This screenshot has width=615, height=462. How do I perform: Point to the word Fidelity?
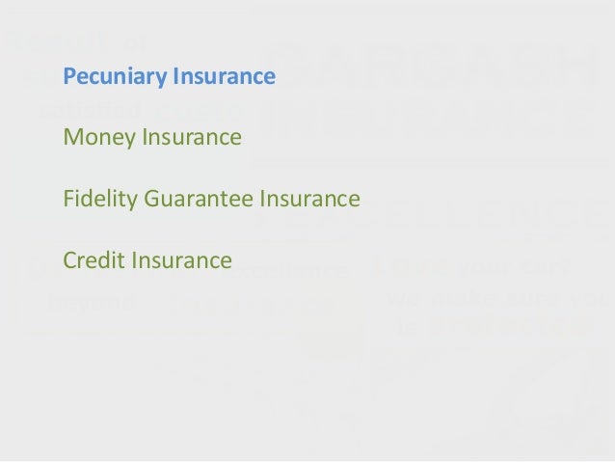98,200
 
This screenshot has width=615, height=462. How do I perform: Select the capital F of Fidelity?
67,200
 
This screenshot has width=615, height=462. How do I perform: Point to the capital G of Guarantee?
151,200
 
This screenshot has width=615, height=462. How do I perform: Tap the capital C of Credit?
67,260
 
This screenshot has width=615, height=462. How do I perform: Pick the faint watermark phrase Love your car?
472,265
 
